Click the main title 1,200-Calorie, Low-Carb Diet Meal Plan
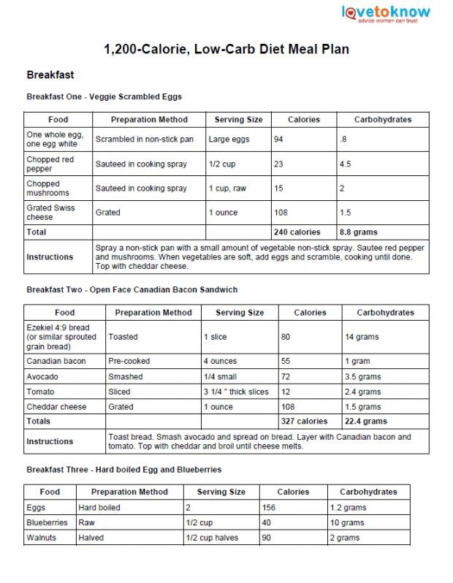226,50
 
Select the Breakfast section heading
50,75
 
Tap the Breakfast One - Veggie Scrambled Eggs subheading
104,96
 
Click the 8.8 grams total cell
357,232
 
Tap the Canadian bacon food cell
56,362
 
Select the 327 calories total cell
304,422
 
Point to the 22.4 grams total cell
365,422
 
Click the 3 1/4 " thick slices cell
236,392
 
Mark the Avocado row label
42,377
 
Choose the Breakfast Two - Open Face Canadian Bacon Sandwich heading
132,290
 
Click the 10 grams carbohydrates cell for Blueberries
347,523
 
